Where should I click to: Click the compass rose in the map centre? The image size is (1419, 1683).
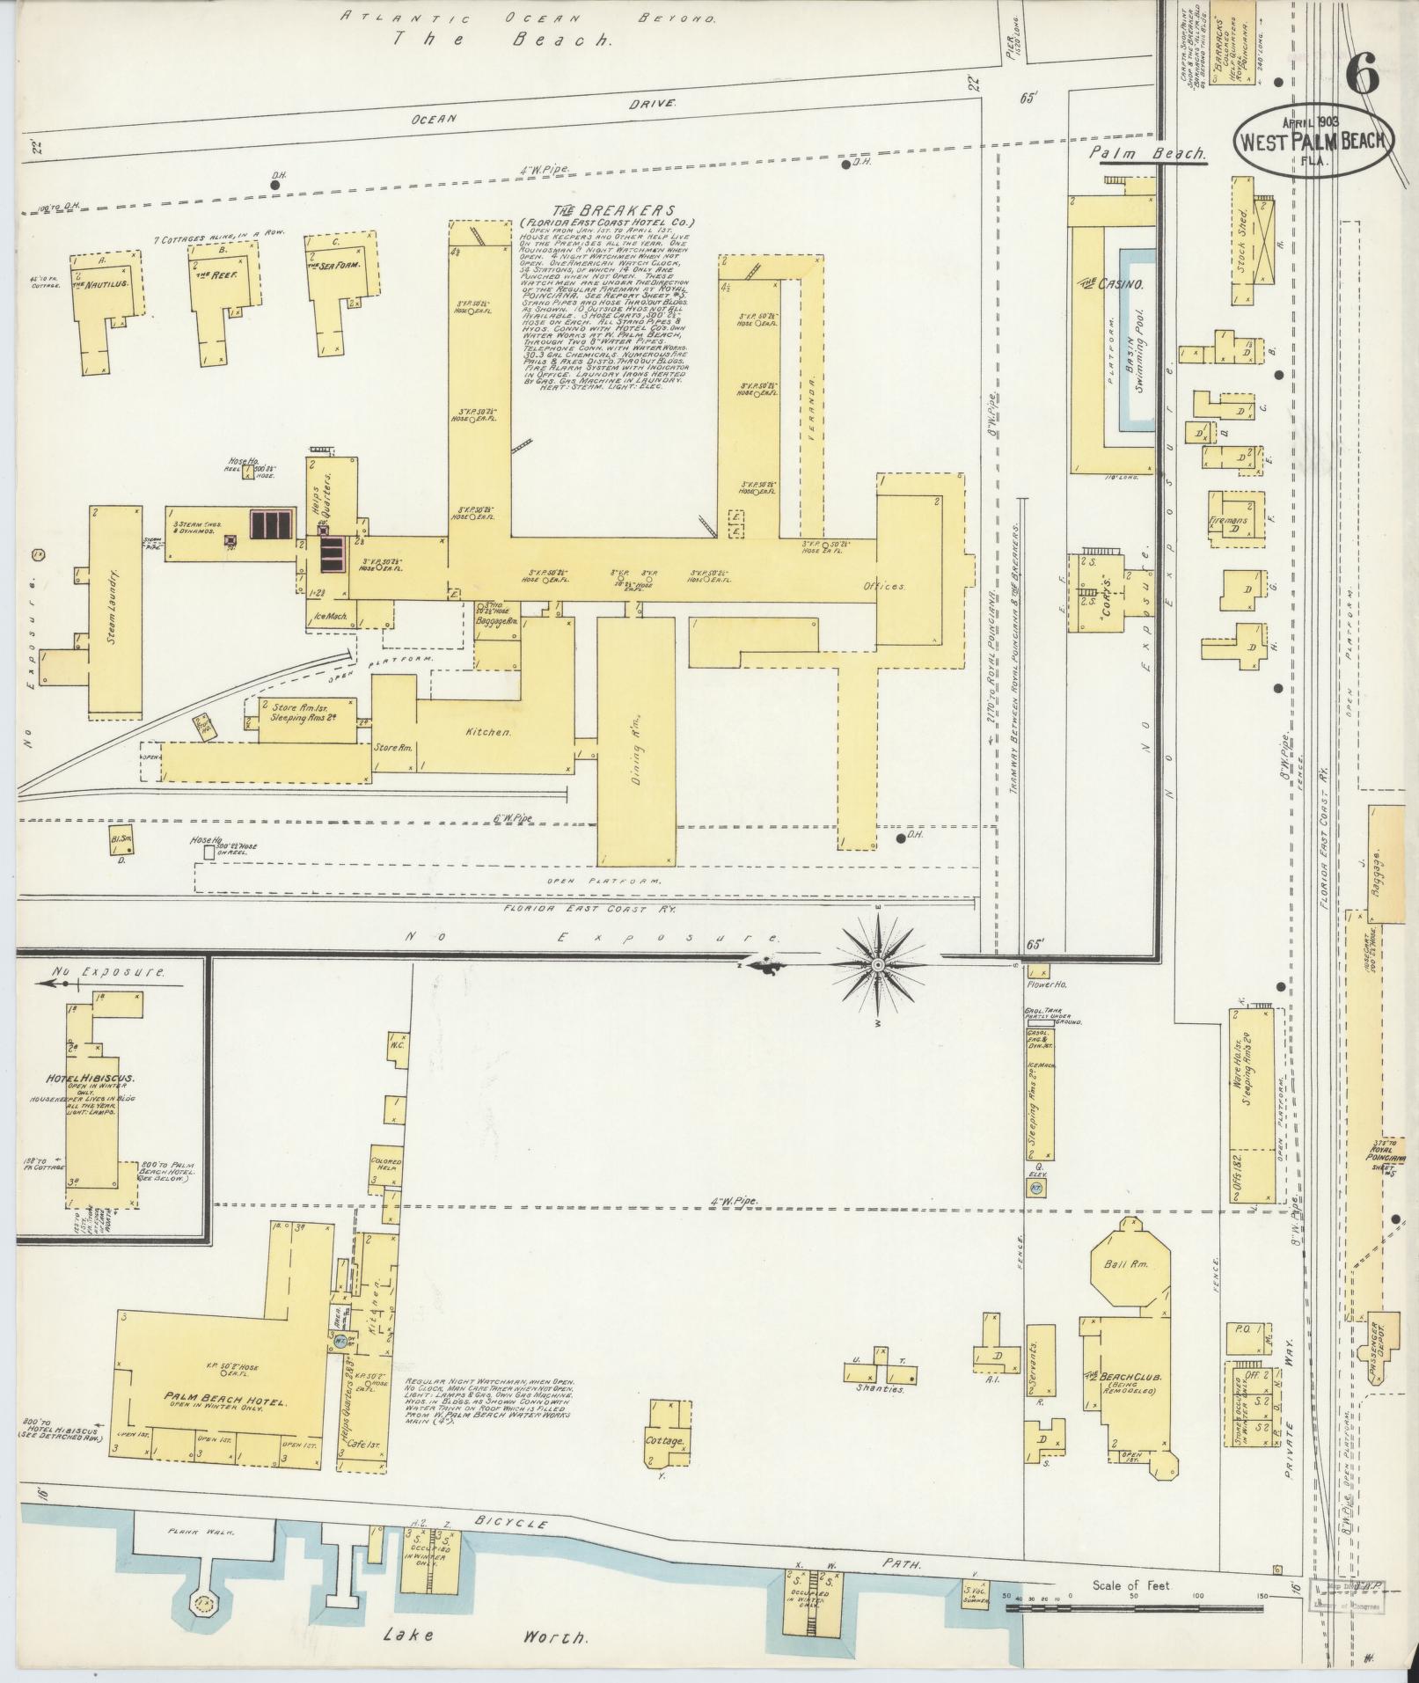pos(877,965)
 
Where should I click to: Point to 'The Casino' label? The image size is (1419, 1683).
pos(1111,285)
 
